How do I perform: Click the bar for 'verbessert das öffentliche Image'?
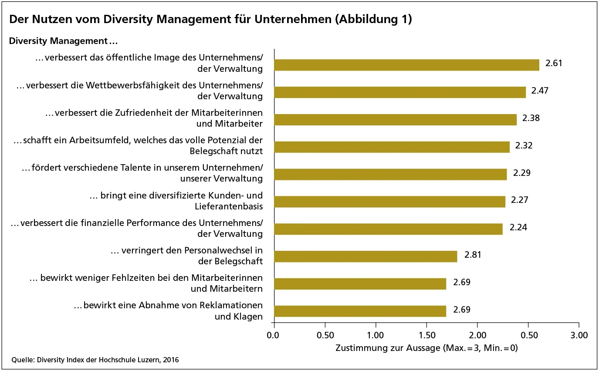click(x=406, y=65)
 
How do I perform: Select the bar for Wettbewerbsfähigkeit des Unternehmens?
click(x=399, y=92)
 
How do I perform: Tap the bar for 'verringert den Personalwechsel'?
click(x=365, y=256)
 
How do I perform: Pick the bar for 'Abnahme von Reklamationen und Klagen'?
click(x=360, y=311)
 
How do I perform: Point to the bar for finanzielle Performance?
click(x=388, y=229)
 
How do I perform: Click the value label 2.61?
click(x=554, y=63)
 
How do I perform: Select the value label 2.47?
click(x=539, y=91)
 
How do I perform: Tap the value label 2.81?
click(x=473, y=255)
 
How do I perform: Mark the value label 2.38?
click(x=531, y=118)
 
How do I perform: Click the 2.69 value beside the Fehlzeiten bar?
click(x=462, y=282)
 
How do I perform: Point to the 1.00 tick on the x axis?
click(x=376, y=335)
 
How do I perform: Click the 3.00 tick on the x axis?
click(x=579, y=335)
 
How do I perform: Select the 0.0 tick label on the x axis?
click(x=274, y=335)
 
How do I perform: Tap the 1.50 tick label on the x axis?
click(x=426, y=335)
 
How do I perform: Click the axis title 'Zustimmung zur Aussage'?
click(x=426, y=348)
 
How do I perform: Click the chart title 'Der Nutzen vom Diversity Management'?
click(x=210, y=20)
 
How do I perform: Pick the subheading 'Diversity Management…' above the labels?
click(x=64, y=41)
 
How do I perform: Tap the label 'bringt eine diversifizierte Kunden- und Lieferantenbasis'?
click(x=176, y=200)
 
